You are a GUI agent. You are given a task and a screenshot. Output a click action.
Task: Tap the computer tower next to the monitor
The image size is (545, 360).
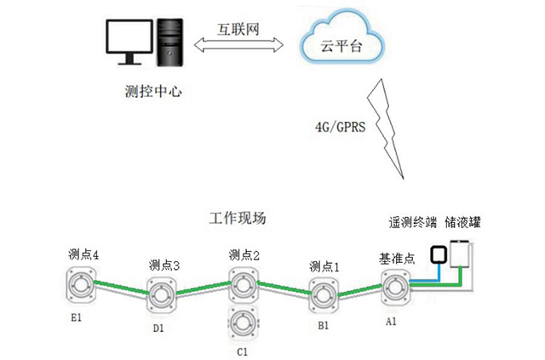click(170, 43)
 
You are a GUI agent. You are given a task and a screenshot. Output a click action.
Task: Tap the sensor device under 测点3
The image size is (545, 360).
click(162, 296)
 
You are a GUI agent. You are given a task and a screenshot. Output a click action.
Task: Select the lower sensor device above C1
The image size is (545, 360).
click(241, 324)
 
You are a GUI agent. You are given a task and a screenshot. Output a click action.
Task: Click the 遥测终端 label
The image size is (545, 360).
click(412, 224)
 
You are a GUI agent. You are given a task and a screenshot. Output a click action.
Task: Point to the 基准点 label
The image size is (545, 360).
click(396, 257)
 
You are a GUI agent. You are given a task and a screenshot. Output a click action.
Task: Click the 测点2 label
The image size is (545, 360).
click(244, 254)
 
